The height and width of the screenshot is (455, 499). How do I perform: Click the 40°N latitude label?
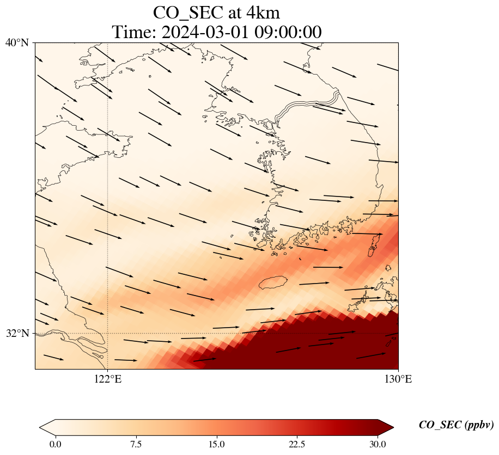(x=16, y=42)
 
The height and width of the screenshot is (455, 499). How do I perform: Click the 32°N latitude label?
(x=16, y=333)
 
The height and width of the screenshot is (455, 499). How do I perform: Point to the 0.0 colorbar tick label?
(x=55, y=444)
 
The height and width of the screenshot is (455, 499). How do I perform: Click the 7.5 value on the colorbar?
(x=136, y=444)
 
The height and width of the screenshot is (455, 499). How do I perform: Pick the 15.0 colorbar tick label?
(x=216, y=444)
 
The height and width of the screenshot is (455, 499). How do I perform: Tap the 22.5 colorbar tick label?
(x=297, y=444)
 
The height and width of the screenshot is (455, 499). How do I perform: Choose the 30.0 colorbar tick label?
(x=378, y=444)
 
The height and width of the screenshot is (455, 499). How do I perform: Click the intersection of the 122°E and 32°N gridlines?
(x=108, y=333)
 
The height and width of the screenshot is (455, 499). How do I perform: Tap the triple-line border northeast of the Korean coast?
(x=308, y=104)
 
